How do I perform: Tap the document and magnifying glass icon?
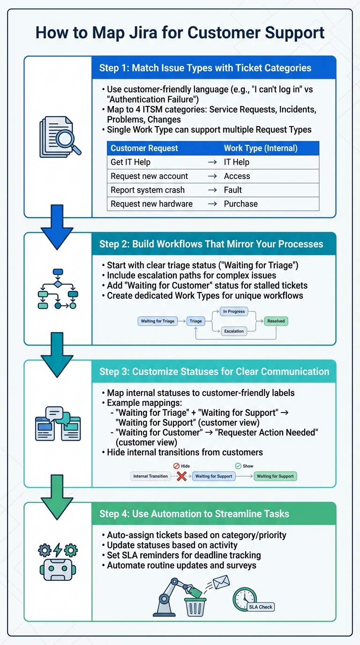(59, 136)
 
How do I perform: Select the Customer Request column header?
(144, 148)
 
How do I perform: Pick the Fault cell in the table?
(233, 190)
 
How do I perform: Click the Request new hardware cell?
(151, 204)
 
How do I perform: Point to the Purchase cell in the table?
(240, 204)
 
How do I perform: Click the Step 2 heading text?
(211, 244)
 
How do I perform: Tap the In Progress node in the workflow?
(233, 311)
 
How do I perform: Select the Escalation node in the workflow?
(233, 331)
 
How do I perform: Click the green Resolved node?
(276, 321)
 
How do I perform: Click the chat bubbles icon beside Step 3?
(58, 424)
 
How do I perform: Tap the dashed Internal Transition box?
(150, 476)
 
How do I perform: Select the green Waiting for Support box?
(275, 476)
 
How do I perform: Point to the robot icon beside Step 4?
(58, 562)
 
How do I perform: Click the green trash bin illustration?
(195, 607)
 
